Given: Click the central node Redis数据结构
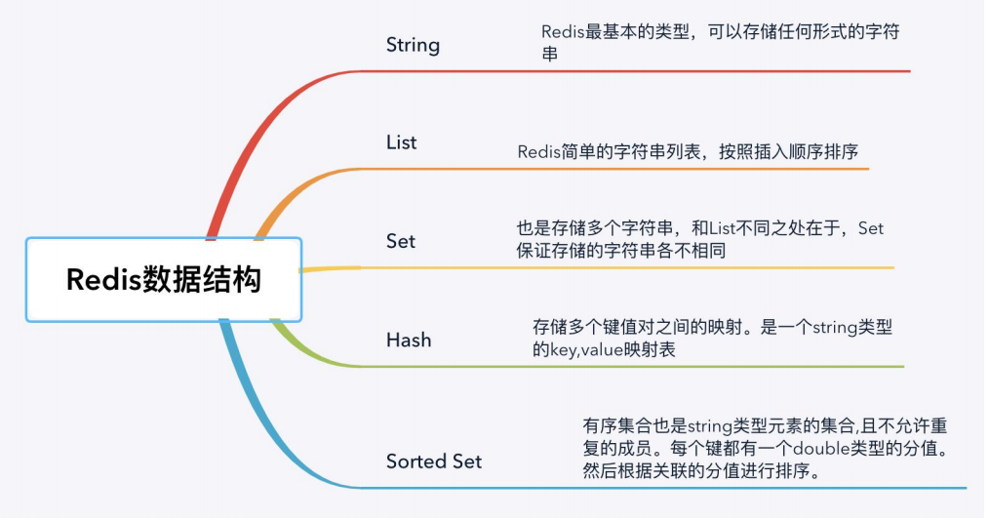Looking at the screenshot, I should pyautogui.click(x=164, y=280).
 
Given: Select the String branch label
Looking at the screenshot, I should pyautogui.click(x=413, y=45).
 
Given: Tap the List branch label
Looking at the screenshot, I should pyautogui.click(x=401, y=142).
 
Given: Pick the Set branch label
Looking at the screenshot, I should pyautogui.click(x=400, y=241).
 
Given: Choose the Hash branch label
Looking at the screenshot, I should pyautogui.click(x=408, y=341).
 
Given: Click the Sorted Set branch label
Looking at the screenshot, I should pyautogui.click(x=433, y=462).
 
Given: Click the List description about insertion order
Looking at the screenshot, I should pyautogui.click(x=688, y=152).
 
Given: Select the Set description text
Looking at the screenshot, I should pyautogui.click(x=699, y=239).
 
